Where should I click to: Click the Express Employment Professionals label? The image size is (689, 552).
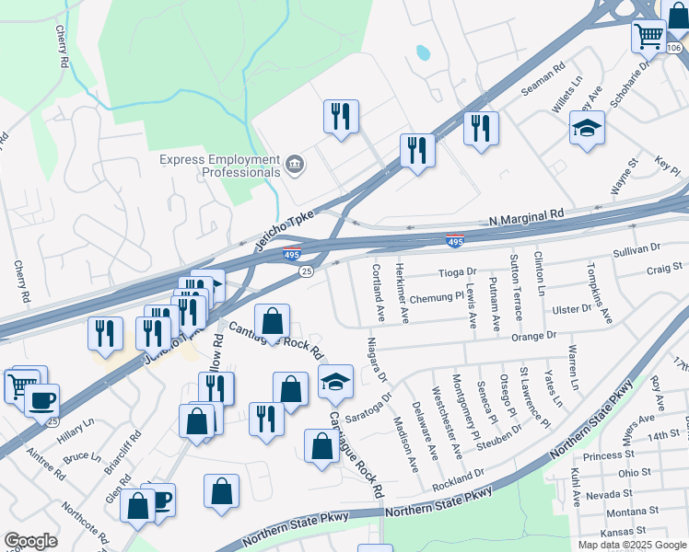pos(219,166)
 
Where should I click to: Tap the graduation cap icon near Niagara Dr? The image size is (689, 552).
pos(335,381)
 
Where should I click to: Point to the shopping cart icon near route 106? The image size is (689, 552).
pos(648,38)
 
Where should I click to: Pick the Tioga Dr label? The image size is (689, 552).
pos(457,272)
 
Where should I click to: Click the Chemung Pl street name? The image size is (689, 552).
pos(437,297)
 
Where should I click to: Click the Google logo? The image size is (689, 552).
pos(30,541)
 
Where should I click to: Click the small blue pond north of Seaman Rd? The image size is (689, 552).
pos(423,53)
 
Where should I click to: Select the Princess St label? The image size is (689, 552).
pos(603,455)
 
